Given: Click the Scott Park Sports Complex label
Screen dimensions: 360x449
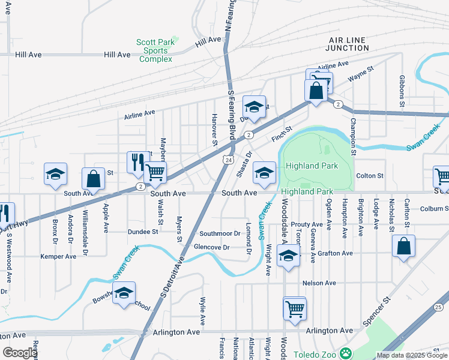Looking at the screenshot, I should coord(154,50).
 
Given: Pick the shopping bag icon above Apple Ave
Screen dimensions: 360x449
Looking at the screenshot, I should coord(94,178).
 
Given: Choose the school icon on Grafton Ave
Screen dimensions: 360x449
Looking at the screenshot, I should coord(289,257).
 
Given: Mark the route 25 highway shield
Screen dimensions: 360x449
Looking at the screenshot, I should coord(438,307).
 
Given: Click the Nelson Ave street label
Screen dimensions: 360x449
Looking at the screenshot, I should coord(319,283).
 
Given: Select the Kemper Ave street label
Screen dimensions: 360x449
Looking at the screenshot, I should coord(58,256).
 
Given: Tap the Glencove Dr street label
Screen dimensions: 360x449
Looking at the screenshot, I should coord(211,247).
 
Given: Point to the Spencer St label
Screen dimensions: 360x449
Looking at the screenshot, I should coord(376,307).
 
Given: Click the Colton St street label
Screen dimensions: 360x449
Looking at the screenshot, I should coord(370,176).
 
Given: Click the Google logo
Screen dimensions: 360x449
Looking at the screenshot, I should coord(20,353).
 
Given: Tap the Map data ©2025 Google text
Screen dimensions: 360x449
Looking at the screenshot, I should coord(411,355).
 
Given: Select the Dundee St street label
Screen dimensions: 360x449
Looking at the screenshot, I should coord(143,231).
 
